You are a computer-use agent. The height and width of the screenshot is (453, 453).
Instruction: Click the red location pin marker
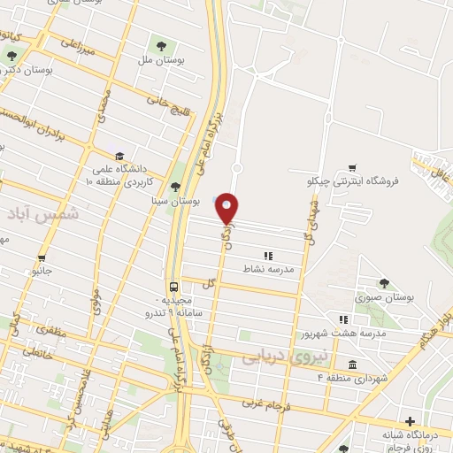(227, 208)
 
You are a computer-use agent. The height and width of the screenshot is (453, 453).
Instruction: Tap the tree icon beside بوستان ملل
(159, 45)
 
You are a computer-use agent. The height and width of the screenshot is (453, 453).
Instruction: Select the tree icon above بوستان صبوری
(384, 283)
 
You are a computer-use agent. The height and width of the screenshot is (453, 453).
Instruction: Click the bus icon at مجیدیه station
(173, 288)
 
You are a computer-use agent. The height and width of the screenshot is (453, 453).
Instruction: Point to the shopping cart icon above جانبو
(42, 258)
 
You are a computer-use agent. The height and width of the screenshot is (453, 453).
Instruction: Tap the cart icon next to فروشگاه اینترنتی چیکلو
(352, 168)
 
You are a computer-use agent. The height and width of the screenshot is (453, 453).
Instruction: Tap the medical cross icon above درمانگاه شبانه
(409, 422)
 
